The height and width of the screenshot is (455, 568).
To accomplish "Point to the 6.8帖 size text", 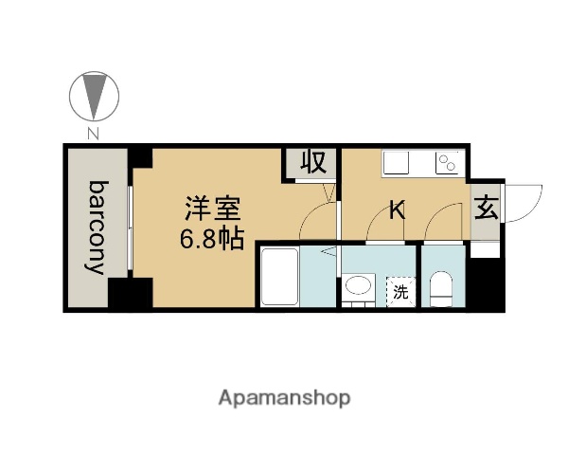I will tap(212, 237).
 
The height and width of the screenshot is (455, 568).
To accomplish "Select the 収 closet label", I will tap(312, 162).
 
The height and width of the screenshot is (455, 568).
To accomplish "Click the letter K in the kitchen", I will tap(398, 210).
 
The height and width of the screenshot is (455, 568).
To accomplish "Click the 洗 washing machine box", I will tap(400, 291).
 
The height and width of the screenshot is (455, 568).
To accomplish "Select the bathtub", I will tap(280, 277).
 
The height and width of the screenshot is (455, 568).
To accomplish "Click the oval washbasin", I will tap(358, 285).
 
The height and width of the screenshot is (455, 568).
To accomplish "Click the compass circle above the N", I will tap(93, 95).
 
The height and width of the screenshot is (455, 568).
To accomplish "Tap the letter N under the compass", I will tap(93, 133).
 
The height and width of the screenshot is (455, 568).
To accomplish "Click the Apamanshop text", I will tap(284, 397).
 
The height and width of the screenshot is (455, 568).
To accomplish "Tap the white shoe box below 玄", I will tap(485, 250).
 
